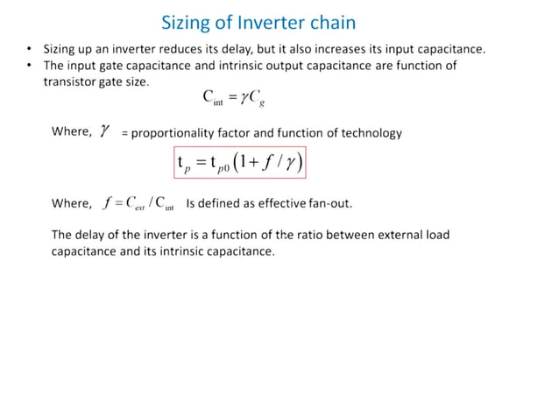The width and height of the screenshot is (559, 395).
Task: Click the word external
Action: pos(394,235)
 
